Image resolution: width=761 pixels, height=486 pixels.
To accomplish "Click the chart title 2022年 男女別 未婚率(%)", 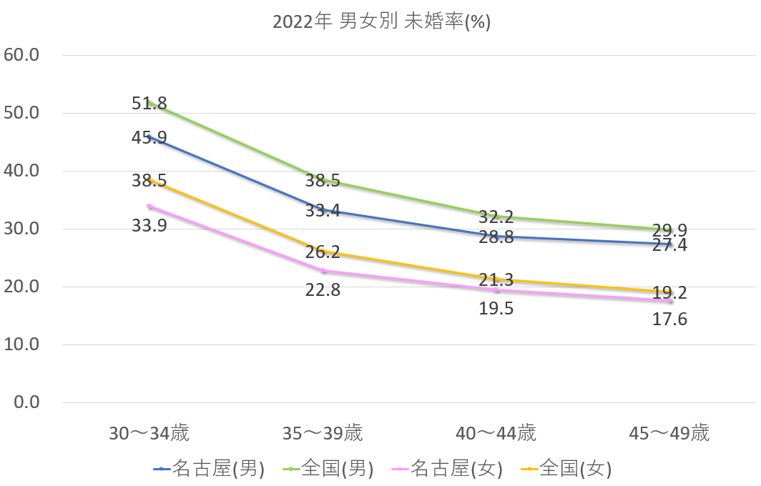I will tap(381, 21).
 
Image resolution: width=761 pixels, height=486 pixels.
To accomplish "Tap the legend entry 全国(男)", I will tap(329, 469).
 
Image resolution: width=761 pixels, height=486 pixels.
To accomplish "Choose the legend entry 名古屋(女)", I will tap(448, 469).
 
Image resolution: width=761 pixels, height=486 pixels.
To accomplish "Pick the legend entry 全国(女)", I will tap(567, 469).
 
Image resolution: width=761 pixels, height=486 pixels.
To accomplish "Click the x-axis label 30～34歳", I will tap(149, 433).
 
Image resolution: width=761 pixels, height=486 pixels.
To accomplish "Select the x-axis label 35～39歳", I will tap(323, 433).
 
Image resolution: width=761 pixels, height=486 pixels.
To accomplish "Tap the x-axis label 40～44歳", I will tap(496, 433).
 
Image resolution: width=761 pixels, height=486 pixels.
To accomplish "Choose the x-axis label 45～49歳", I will tap(669, 433).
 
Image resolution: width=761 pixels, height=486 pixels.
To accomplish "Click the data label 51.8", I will tap(149, 103).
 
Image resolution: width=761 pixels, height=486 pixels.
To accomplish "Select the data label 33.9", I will tap(149, 226).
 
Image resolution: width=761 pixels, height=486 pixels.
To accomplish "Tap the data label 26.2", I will tap(323, 252).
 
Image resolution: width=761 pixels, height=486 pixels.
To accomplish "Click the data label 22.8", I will tap(323, 290).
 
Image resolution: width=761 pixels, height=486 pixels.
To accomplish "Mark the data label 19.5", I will tap(496, 309).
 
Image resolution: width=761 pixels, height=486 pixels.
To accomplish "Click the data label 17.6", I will tap(669, 319).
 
